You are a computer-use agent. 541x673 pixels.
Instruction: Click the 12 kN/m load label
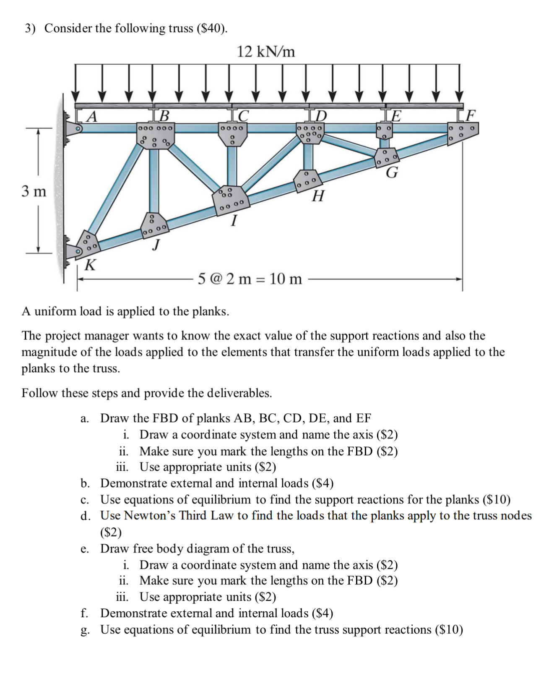(266, 52)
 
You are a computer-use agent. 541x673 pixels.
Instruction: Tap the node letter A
(91, 116)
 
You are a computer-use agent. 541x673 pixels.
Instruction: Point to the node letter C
(243, 115)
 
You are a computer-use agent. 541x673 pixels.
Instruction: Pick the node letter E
(396, 115)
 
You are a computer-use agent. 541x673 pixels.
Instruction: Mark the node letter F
(471, 115)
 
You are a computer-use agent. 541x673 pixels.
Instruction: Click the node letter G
(392, 172)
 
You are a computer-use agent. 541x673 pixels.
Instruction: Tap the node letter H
(318, 196)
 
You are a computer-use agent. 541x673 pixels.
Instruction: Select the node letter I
(234, 220)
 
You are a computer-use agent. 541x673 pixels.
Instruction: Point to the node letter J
(156, 244)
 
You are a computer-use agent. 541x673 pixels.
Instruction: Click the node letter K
(90, 265)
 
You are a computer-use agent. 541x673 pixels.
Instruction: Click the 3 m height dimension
(34, 191)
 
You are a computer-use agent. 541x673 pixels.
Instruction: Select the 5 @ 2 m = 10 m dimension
(250, 279)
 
